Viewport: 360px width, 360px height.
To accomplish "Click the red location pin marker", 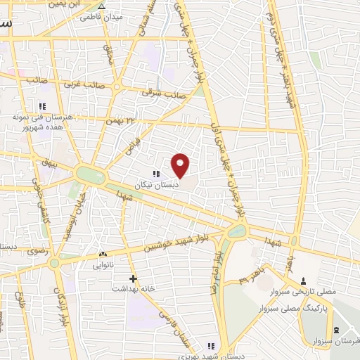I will click(181, 166).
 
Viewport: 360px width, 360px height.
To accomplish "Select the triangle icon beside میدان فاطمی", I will click(102, 6).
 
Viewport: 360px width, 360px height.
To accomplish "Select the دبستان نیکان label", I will click(157, 184).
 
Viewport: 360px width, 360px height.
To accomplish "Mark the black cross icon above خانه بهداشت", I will click(132, 278).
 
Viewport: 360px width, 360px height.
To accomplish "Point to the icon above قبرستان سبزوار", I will click(335, 330).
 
